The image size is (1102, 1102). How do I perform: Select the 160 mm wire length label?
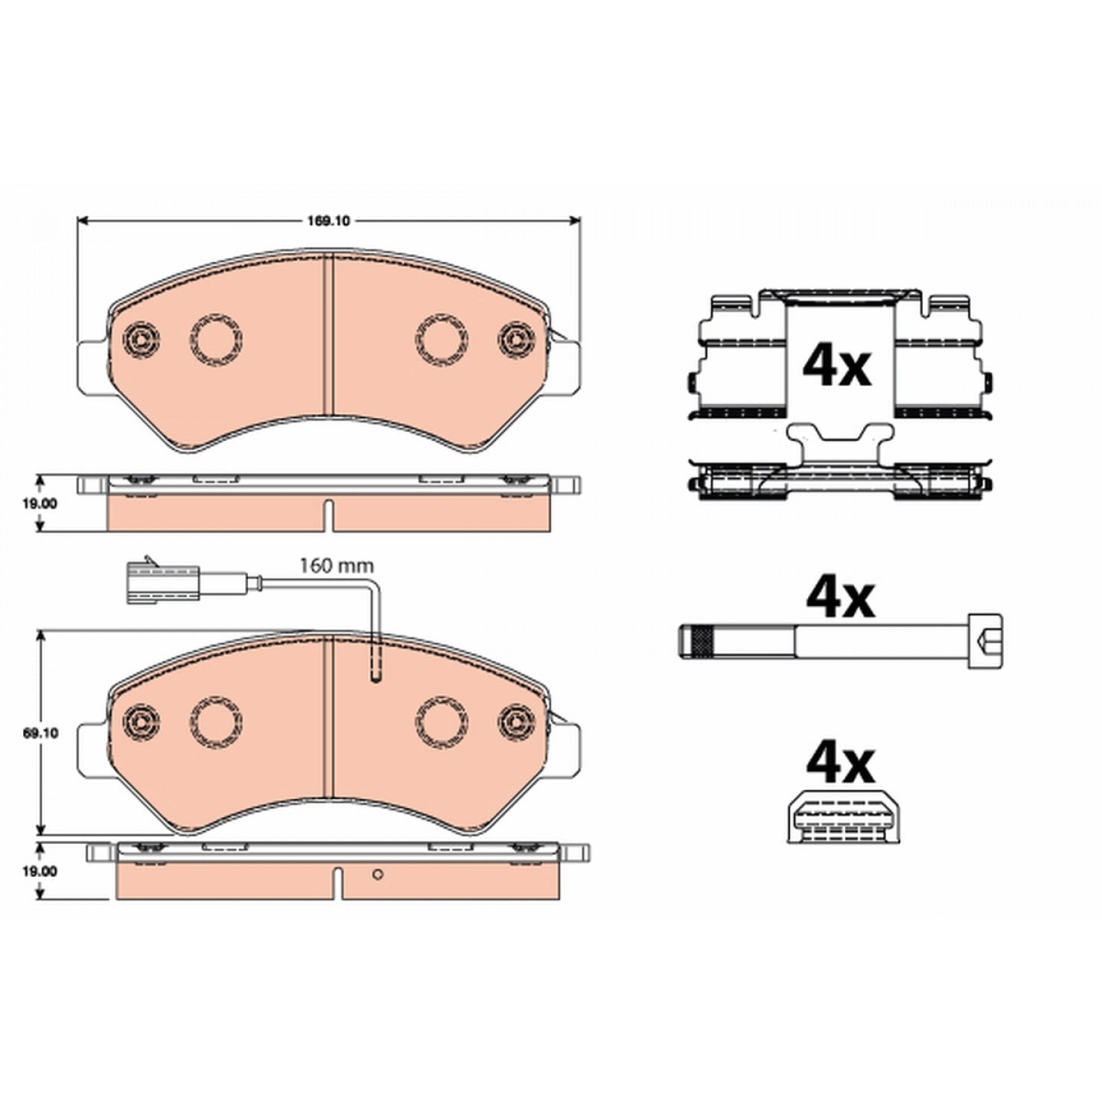pos(337,566)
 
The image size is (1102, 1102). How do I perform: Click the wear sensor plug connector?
pos(162,582)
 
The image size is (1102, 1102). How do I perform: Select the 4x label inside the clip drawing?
pos(837,367)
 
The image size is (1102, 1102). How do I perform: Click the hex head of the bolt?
pos(986,641)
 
